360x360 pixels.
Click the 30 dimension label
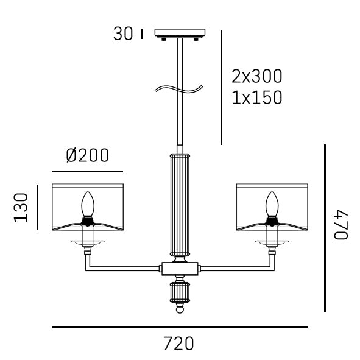[x=122, y=34]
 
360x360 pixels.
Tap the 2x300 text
[x=257, y=77]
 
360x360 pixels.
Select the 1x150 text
[x=257, y=97]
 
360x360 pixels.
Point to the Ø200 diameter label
[x=88, y=157]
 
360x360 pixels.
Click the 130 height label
[x=23, y=207]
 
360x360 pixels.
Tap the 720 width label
[x=178, y=344]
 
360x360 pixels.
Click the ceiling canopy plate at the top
[x=181, y=34]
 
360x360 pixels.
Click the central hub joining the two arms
[x=180, y=268]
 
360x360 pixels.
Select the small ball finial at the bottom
[x=180, y=309]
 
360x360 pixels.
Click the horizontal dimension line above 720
[x=180, y=328]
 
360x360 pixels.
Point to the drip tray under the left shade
[x=87, y=243]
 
